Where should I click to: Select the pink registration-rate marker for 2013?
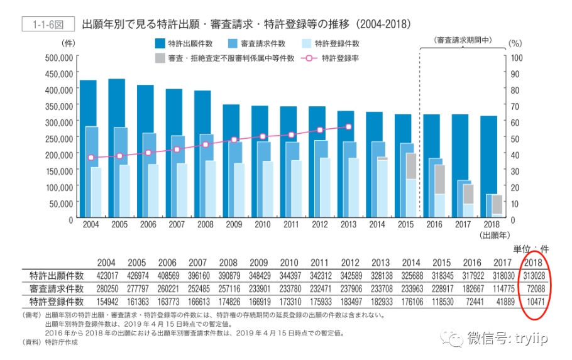pyautogui.click(x=348, y=126)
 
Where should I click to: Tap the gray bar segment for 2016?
pyautogui.click(x=440, y=179)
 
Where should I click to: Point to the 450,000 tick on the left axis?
pyautogui.click(x=58, y=74)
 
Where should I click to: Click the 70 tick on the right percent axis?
pyautogui.click(x=515, y=107)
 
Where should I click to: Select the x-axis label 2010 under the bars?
pyautogui.click(x=262, y=224)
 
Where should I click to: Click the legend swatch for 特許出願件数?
pyautogui.click(x=160, y=44)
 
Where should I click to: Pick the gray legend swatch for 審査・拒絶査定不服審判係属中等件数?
pyautogui.click(x=160, y=58)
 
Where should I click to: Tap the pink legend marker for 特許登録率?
pyautogui.click(x=309, y=58)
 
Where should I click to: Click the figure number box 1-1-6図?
pyautogui.click(x=48, y=24)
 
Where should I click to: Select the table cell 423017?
pyautogui.click(x=107, y=276)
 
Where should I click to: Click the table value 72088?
pyautogui.click(x=536, y=289)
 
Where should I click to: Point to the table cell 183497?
pyautogui.click(x=351, y=302)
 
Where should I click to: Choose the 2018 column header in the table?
pyautogui.click(x=533, y=263)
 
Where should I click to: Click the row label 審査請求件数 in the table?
pyautogui.click(x=57, y=289)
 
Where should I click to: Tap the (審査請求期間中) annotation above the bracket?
pyautogui.click(x=463, y=40)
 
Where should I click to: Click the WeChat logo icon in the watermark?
pyautogui.click(x=452, y=339)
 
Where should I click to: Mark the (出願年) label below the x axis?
pyautogui.click(x=495, y=235)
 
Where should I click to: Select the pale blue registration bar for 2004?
pyautogui.click(x=96, y=192)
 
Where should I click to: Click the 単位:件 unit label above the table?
pyautogui.click(x=531, y=249)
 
